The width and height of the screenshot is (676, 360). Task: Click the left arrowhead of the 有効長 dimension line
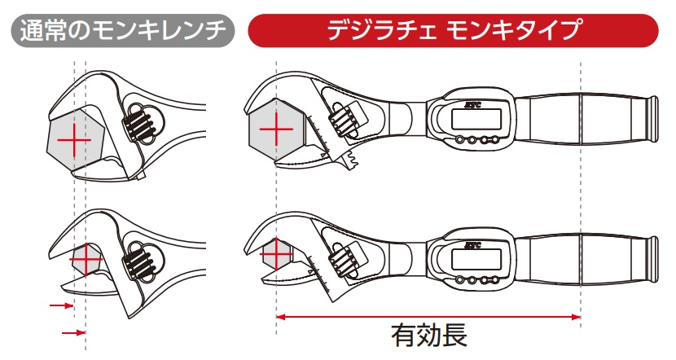282,316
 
